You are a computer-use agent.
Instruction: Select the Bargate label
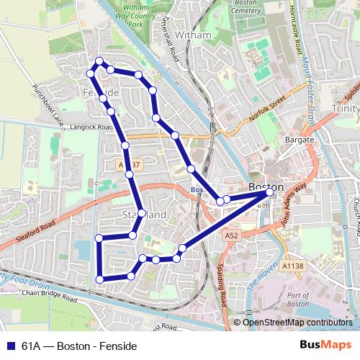click(300, 139)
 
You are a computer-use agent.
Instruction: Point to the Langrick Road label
click(93, 127)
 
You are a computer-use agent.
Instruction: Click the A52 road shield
click(230, 235)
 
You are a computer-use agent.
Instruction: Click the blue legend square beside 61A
click(10, 345)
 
